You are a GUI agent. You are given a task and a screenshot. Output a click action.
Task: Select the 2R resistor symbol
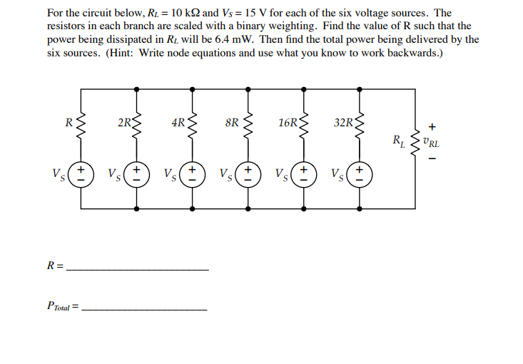[137, 123]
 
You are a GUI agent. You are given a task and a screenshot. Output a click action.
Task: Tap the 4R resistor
[193, 123]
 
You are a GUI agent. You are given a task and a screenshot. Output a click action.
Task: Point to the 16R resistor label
[288, 123]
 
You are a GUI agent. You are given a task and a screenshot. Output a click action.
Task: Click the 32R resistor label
[343, 123]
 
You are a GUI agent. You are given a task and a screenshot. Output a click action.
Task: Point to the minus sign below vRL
[432, 158]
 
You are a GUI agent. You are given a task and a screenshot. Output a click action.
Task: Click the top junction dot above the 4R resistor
[193, 89]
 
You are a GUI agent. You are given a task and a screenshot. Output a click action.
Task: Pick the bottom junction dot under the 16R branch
[304, 209]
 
